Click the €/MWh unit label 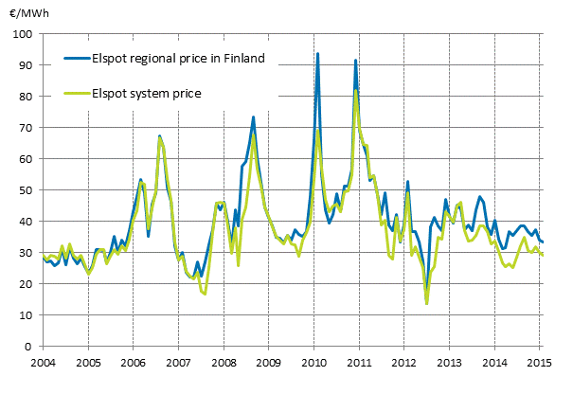click(x=29, y=13)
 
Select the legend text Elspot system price click(x=146, y=93)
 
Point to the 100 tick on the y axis click(x=22, y=34)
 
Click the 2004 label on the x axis click(x=43, y=363)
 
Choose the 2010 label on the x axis click(x=313, y=363)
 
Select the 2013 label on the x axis click(x=449, y=363)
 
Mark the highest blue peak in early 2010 click(x=317, y=54)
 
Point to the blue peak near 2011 click(x=355, y=61)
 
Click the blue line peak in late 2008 click(x=253, y=117)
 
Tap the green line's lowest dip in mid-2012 click(x=427, y=303)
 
